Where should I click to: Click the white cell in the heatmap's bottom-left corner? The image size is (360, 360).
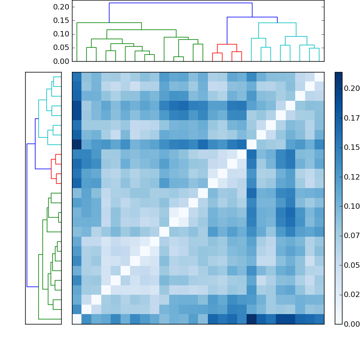[77, 319]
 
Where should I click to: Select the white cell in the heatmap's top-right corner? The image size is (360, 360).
[319, 77]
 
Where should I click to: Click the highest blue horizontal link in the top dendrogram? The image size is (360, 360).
[180, 3]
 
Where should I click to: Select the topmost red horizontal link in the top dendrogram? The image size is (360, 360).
[227, 44]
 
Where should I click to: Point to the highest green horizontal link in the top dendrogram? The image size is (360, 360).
[109, 22]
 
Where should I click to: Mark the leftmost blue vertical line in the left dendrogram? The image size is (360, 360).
[27, 215]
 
